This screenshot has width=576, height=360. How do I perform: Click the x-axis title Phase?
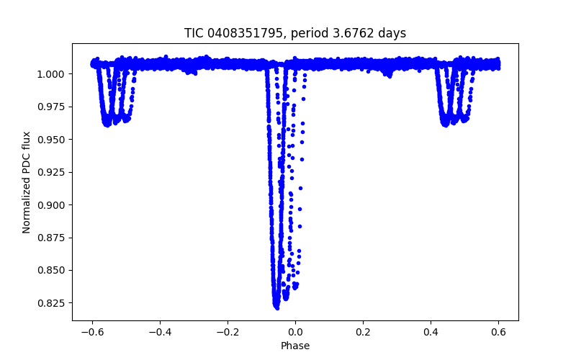pos(295,346)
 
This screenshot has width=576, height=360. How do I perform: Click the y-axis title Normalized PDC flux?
pos(27,182)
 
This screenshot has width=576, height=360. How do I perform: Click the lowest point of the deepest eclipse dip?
pos(276,307)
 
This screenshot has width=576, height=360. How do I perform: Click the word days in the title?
pos(392,33)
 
